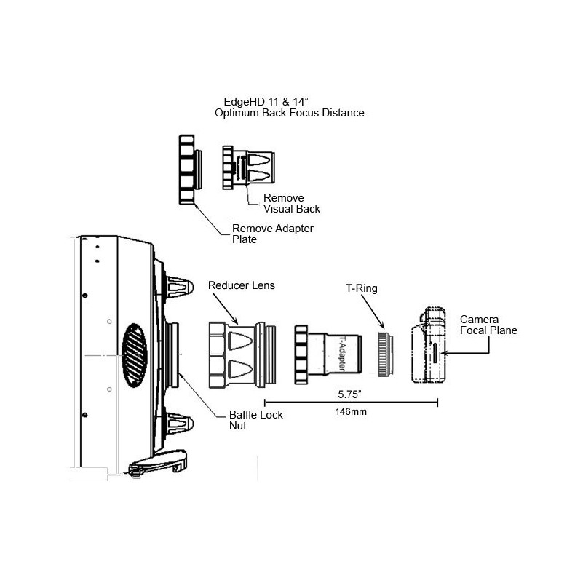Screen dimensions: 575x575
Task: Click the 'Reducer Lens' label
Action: tap(241, 285)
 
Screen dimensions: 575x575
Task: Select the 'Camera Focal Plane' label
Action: tap(488, 325)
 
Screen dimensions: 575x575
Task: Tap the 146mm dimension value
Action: tap(350, 411)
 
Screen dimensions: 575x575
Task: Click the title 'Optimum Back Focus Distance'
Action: tap(289, 114)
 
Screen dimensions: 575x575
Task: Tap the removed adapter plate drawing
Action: tap(186, 168)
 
